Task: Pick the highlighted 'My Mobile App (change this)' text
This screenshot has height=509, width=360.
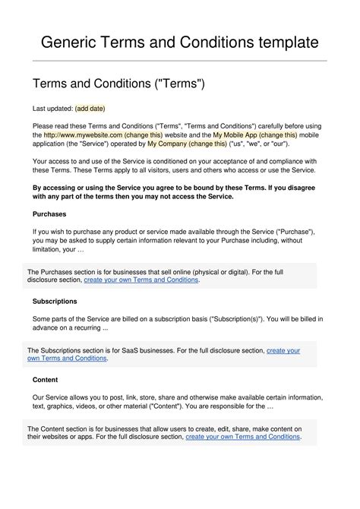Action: pos(258,134)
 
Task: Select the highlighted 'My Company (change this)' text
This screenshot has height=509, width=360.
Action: pos(187,144)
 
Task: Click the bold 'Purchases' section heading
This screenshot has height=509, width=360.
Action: pos(50,214)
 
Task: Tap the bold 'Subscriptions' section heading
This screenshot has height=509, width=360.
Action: pos(55,301)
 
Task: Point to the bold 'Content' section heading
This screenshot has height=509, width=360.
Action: pos(46,378)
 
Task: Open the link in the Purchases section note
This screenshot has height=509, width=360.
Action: pos(141,280)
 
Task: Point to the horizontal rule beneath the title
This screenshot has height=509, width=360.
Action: pos(179,61)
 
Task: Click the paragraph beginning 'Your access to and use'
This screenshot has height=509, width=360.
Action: pos(179,166)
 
